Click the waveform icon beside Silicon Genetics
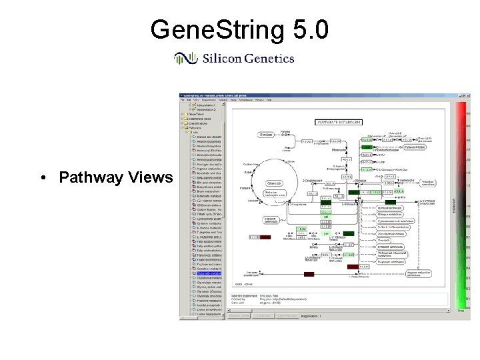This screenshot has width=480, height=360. tap(185, 59)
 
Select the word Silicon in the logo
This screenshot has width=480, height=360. tap(223, 59)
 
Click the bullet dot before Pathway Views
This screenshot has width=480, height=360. tap(42, 178)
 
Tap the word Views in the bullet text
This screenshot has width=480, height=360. tap(151, 178)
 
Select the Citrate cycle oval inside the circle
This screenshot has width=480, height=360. tap(273, 183)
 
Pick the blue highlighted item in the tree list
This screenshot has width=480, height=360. tap(205, 273)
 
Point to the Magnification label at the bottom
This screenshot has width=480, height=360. tap(309, 315)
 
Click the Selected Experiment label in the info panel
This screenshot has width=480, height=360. tap(246, 295)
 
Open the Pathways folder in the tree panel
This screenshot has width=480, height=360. tap(195, 128)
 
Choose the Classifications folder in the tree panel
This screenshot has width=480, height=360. tap(199, 123)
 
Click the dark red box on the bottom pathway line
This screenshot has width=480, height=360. tap(309, 274)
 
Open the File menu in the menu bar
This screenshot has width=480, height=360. tap(183, 101)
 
